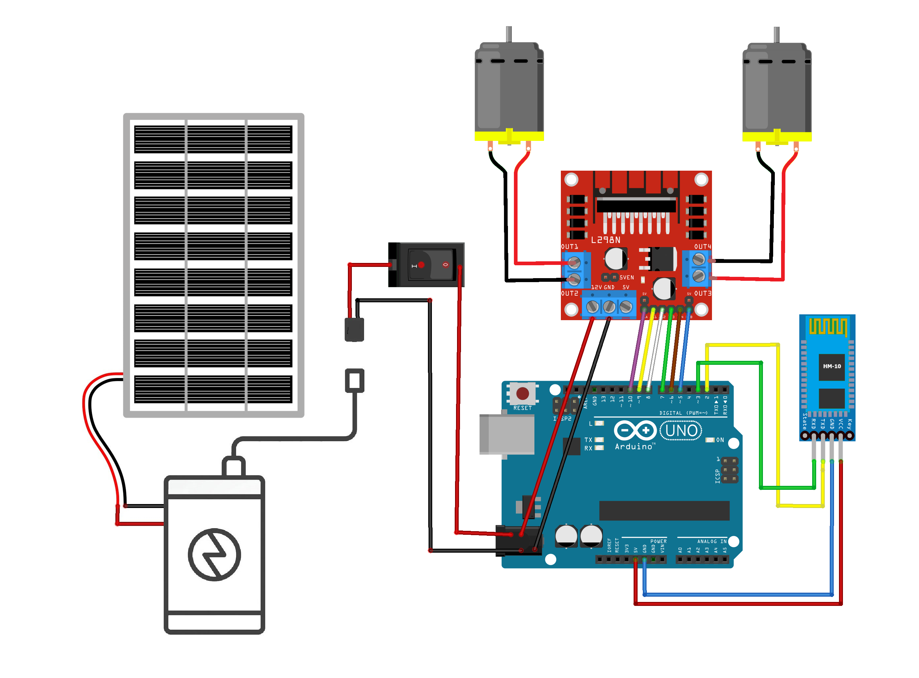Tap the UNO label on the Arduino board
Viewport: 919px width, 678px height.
tap(681, 431)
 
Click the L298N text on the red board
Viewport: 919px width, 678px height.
tap(606, 240)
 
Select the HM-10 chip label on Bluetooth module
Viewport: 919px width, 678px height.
tap(832, 366)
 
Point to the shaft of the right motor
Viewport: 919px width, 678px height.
tap(777, 34)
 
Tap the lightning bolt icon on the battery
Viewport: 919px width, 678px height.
tap(215, 555)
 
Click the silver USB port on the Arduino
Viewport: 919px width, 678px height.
tap(507, 435)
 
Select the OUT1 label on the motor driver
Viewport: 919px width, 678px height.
tap(569, 247)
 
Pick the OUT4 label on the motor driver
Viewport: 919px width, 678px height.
tap(702, 247)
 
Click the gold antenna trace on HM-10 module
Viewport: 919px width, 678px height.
tap(828, 327)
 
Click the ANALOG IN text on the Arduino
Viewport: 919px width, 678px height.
tap(712, 542)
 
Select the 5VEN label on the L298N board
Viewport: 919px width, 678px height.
tap(626, 278)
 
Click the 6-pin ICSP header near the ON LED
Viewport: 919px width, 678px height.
tap(730, 470)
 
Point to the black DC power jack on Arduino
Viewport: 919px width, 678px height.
tap(518, 541)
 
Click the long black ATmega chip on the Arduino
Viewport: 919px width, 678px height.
tap(664, 511)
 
